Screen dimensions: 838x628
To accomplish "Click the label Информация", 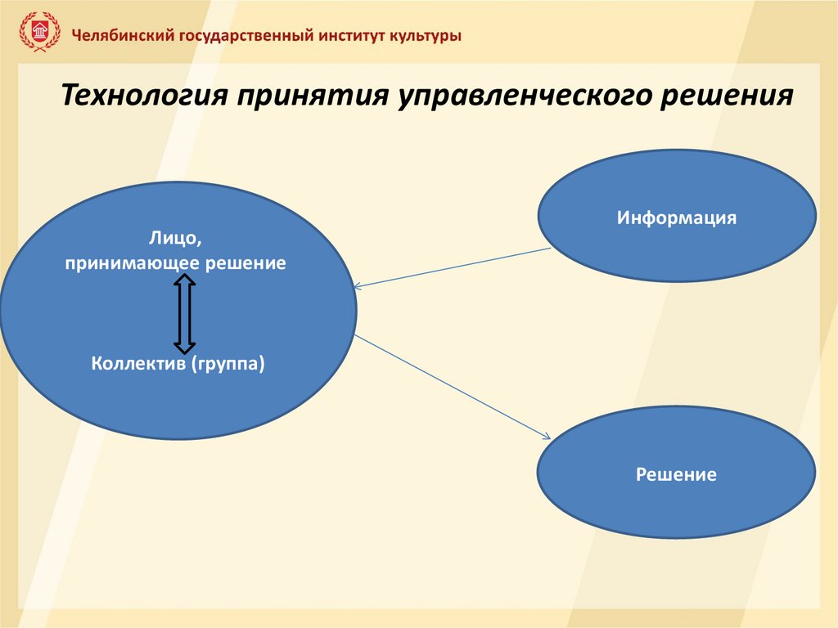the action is (677, 218).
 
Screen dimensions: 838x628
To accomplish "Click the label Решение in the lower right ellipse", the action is (676, 474).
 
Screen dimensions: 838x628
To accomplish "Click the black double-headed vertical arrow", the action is (185, 314).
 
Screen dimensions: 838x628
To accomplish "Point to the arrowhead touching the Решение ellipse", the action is (547, 438).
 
